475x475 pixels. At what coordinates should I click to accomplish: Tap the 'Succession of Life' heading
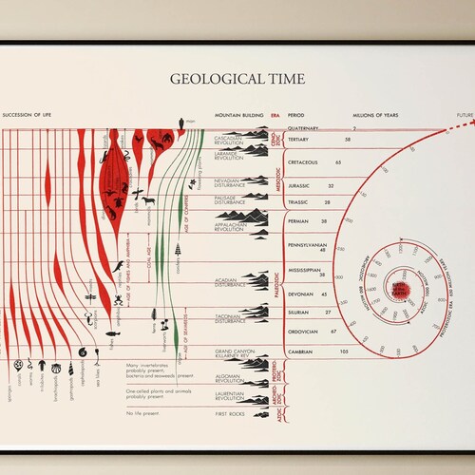28,116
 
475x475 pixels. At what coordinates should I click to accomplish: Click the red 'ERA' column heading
275,116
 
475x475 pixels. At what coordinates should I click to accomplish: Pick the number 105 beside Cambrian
345,351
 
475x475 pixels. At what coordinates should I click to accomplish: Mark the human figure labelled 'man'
180,121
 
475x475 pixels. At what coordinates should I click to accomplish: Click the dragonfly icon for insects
88,294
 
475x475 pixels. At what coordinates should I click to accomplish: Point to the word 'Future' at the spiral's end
465,116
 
